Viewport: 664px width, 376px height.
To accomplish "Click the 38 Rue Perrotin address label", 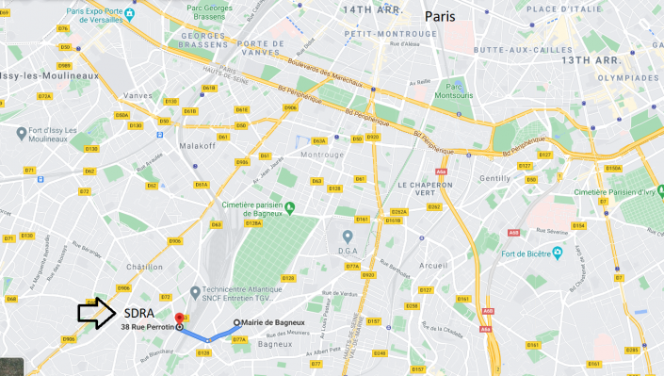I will (147, 328).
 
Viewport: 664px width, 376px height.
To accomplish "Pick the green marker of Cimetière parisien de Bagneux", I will (291, 207).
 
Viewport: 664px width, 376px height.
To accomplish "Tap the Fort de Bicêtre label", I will (522, 253).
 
